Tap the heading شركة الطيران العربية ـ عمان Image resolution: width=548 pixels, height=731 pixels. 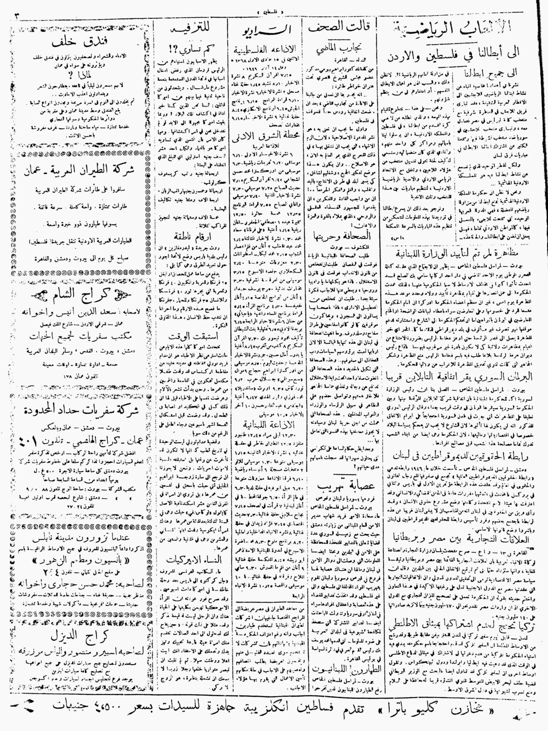click(x=80, y=172)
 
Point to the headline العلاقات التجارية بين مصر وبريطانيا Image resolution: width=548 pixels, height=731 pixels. click(x=460, y=540)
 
